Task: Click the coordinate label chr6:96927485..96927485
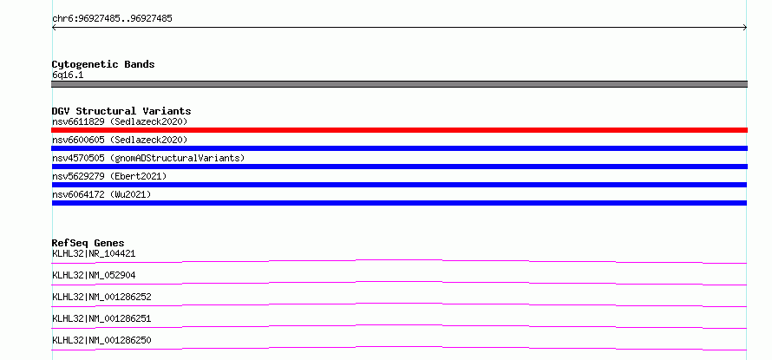[112, 19]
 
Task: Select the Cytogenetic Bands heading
[103, 64]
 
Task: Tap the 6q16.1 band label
[68, 75]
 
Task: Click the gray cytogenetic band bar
[399, 84]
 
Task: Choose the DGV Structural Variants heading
[121, 111]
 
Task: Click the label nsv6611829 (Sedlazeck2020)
[120, 121]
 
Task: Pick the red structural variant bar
[399, 130]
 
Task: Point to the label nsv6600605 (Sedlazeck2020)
[120, 141]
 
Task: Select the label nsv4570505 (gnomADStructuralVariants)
[148, 159]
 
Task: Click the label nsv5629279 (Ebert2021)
[109, 176]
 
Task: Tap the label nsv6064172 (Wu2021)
[101, 195]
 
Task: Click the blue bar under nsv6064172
[399, 203]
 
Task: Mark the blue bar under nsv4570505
[399, 167]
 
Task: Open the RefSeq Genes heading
[88, 243]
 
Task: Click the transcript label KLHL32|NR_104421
[94, 254]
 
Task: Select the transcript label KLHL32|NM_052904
[94, 276]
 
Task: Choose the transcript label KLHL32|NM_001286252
[101, 298]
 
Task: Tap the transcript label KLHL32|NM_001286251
[101, 319]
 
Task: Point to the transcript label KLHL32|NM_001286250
[101, 341]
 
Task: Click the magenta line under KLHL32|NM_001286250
[399, 347]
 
